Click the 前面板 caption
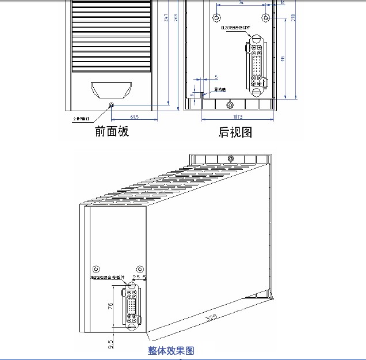click(112, 131)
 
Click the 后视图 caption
click(235, 132)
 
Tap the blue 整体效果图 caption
click(171, 350)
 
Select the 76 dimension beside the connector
click(111, 306)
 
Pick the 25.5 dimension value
click(139, 278)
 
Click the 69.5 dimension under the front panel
click(135, 118)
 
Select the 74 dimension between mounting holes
click(240, 3)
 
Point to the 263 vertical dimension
click(176, 18)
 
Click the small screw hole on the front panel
click(112, 105)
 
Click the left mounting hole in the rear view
click(217, 16)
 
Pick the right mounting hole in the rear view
click(265, 16)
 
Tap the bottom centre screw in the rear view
click(230, 104)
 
